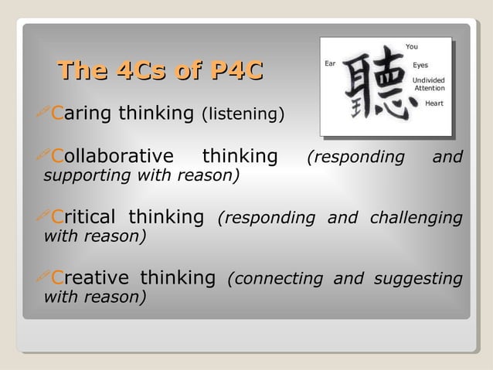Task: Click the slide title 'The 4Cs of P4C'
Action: (x=160, y=71)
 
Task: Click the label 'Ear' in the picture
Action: (x=330, y=63)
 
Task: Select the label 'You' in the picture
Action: (x=411, y=46)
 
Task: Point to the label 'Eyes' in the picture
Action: (x=420, y=65)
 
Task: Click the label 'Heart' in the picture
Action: (x=434, y=103)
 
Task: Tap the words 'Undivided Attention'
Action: (x=428, y=83)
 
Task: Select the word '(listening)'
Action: (x=243, y=115)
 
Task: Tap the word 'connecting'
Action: (x=277, y=278)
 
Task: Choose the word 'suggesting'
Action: (x=418, y=278)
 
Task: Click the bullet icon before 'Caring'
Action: (x=44, y=114)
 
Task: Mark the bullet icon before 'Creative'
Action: (x=44, y=277)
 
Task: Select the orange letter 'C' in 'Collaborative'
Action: (x=56, y=158)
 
